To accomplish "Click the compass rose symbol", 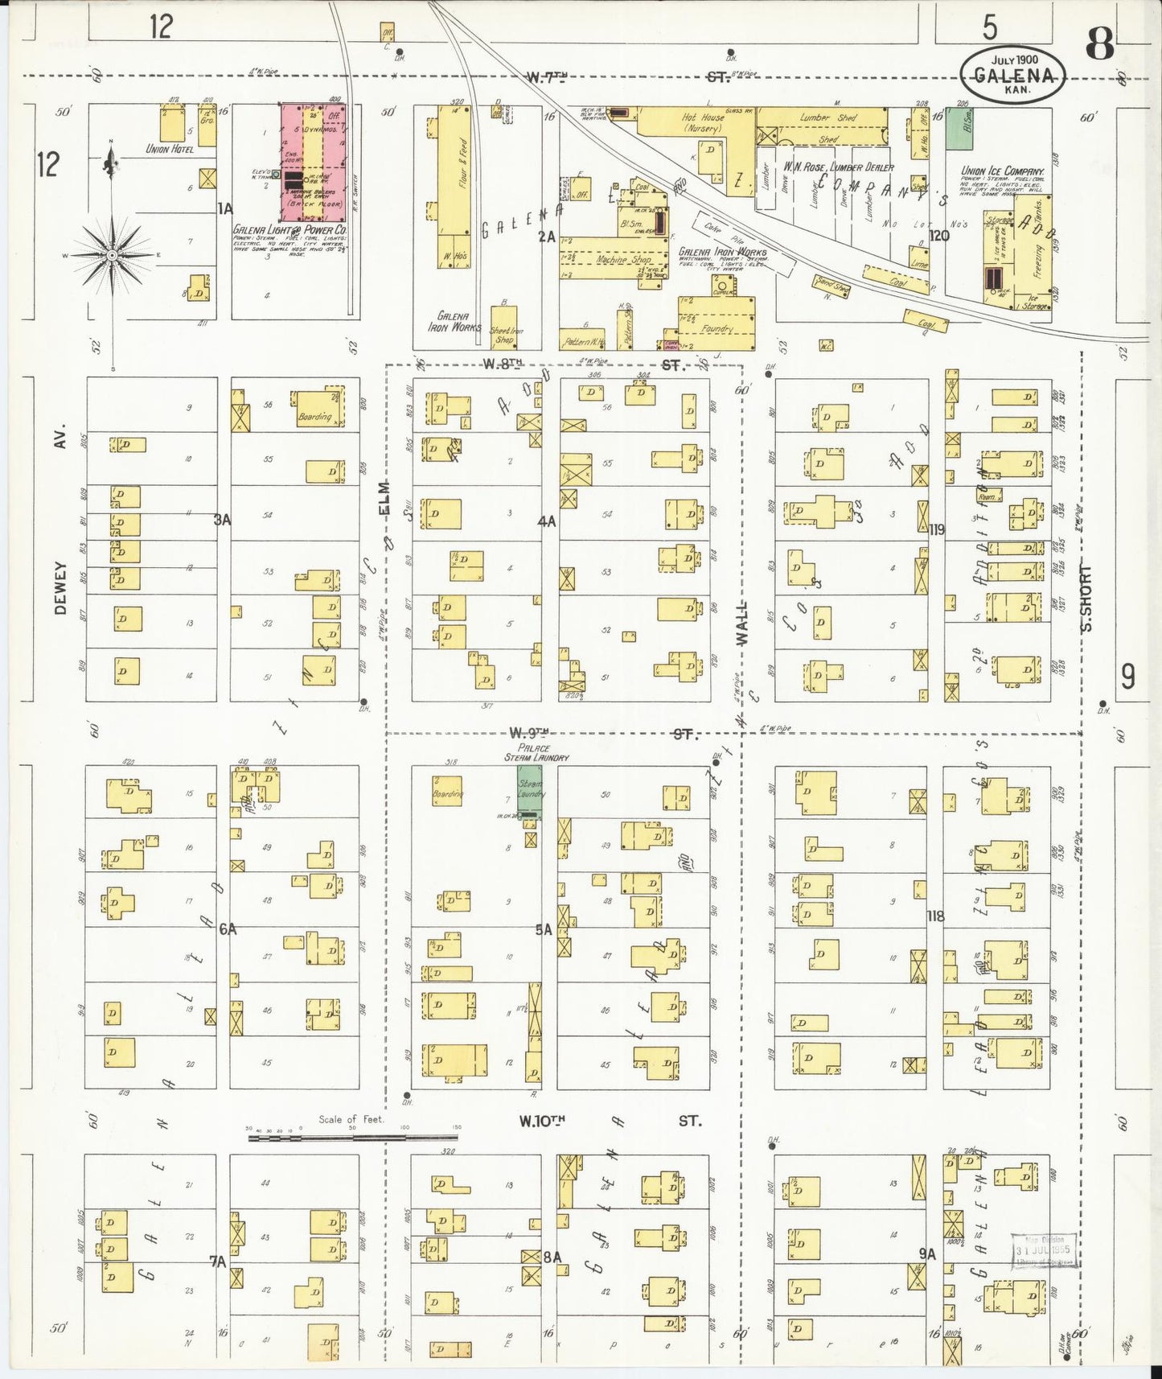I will (113, 255).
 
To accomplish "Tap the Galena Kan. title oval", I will (1014, 73).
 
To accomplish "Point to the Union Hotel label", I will (170, 149).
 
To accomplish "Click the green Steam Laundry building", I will (528, 792).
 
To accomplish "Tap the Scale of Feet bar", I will (354, 1138).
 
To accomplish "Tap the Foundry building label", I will (716, 328).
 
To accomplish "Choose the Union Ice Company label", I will (1002, 171).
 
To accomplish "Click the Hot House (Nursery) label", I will (703, 122).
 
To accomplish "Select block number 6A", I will (228, 928).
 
